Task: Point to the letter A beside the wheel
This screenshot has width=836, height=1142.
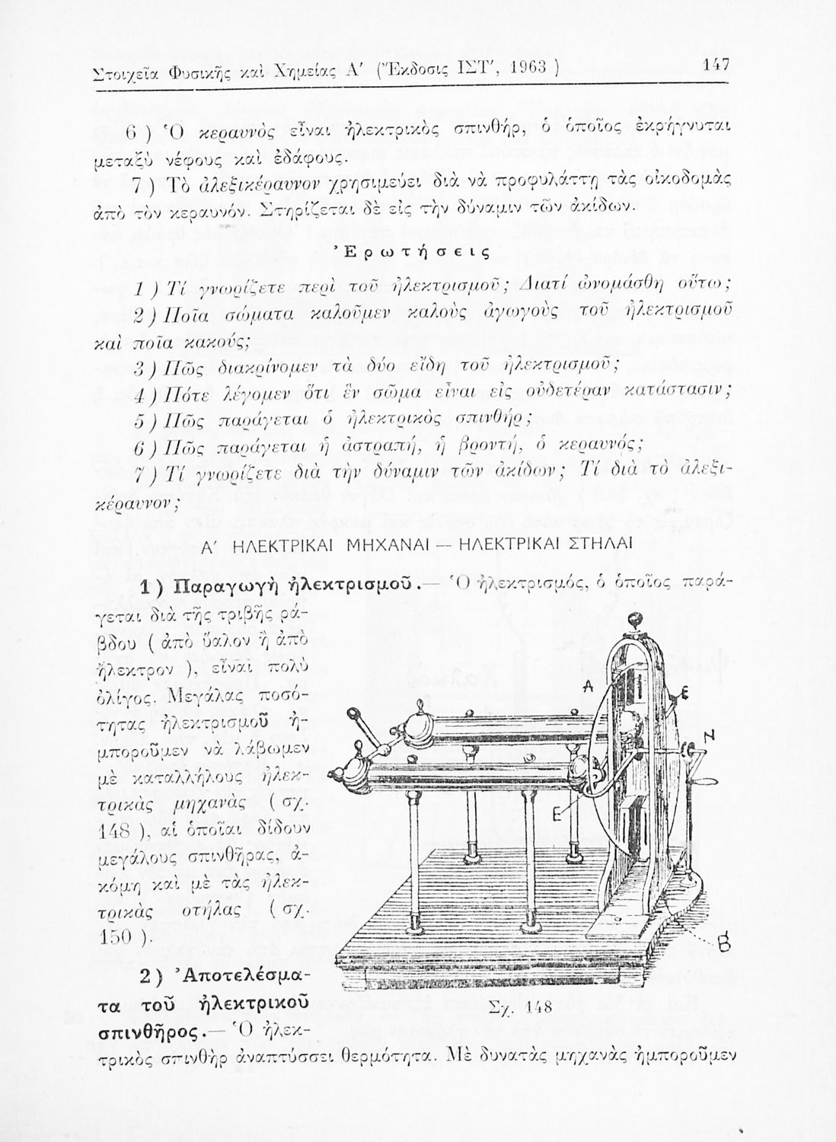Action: click(588, 686)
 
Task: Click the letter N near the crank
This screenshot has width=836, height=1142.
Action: click(710, 735)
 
